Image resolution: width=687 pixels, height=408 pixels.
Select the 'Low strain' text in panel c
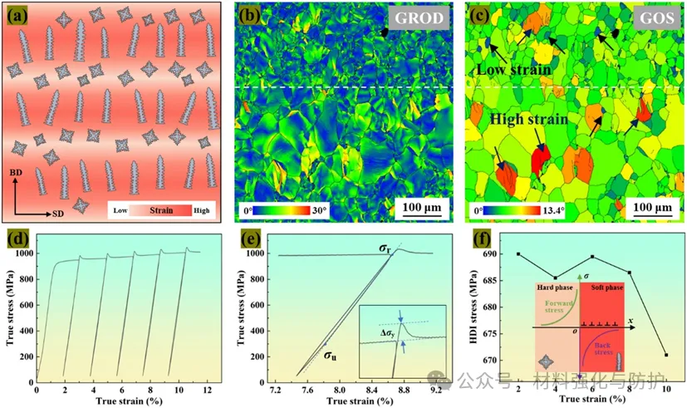513,71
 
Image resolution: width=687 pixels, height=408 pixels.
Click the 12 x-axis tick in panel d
209,388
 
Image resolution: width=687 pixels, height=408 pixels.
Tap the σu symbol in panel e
331,356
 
